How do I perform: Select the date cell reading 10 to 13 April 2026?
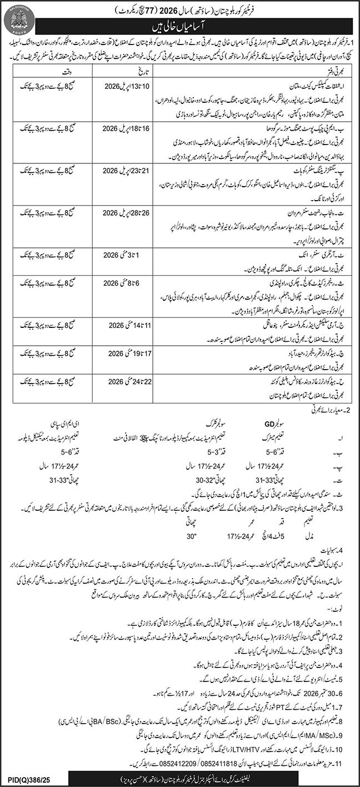click(x=128, y=88)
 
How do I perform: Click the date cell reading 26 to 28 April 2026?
click(x=128, y=213)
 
